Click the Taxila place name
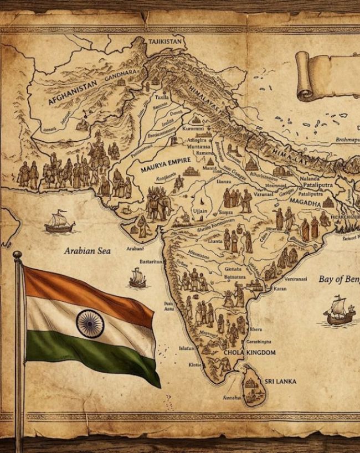(162, 96)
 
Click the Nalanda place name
(309, 179)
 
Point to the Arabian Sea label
(87, 251)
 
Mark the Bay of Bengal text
(338, 279)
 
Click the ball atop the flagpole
(17, 255)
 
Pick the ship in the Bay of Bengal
(339, 311)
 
